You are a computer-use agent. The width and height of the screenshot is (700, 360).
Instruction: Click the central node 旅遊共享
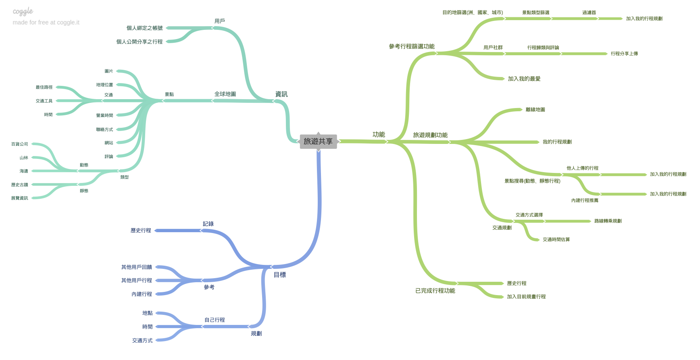tap(318, 142)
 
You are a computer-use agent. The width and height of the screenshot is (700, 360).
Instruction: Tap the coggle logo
tap(23, 12)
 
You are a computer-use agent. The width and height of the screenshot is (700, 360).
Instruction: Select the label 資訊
tap(281, 94)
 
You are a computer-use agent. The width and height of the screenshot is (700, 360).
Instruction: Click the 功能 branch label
tap(378, 135)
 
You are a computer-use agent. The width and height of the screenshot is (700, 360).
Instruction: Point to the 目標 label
tap(279, 275)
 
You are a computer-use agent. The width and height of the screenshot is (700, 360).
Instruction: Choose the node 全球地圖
tap(225, 94)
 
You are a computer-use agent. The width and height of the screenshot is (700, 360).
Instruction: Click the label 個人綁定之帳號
tap(144, 28)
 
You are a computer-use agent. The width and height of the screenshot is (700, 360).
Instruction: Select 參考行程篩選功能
tap(411, 47)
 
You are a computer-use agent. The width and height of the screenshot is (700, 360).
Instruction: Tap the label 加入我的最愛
tap(524, 79)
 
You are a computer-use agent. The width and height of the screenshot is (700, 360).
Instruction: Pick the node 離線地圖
tap(535, 110)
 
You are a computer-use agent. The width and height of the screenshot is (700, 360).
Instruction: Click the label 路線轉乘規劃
tap(608, 221)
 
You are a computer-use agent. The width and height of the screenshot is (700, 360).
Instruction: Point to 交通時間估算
tap(556, 240)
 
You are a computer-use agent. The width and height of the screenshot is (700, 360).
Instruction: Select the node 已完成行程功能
tap(435, 291)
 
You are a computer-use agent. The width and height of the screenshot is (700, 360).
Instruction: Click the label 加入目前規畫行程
tap(526, 297)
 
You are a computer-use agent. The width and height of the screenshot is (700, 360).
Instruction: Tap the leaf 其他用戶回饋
tap(136, 267)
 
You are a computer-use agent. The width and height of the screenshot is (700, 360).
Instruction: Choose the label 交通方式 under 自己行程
tap(142, 341)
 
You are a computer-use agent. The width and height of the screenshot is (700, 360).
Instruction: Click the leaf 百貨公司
tap(20, 144)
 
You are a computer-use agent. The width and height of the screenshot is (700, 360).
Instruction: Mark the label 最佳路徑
tap(44, 87)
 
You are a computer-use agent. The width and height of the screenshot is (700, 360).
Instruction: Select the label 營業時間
tap(104, 116)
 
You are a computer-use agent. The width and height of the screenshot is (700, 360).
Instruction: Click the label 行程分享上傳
tap(624, 54)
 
